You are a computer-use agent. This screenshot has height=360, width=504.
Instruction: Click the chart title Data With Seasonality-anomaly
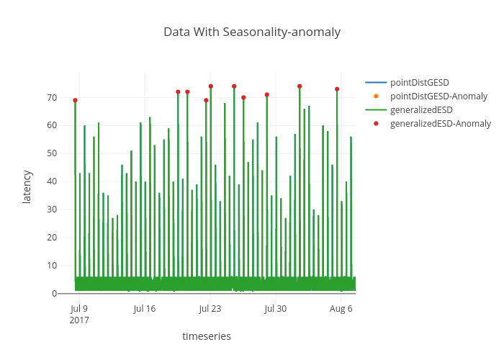pos(251,32)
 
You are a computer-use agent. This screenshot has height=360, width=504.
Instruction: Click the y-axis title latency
pos(27,186)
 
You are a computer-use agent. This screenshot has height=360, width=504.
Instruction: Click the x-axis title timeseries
pos(207,336)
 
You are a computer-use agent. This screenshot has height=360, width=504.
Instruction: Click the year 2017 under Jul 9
pos(79,320)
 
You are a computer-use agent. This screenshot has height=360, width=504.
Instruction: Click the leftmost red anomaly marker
pos(75,100)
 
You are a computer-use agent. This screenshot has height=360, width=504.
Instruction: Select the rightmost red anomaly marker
pos(337,89)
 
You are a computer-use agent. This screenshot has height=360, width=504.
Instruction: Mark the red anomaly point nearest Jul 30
pos(267,94)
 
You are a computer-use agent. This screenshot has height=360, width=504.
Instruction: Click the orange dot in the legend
pos(376,96)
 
